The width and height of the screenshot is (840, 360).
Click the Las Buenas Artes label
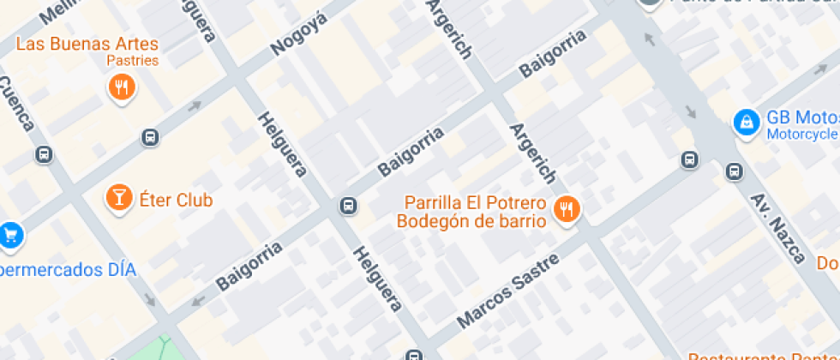click(x=87, y=44)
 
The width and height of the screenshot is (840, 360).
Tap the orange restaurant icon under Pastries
click(x=122, y=87)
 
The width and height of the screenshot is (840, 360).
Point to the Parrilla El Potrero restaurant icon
click(x=566, y=209)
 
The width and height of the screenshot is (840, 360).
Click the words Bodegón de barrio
click(x=471, y=221)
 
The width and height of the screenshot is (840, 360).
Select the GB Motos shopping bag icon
click(x=747, y=122)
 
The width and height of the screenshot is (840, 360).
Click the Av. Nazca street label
click(x=778, y=228)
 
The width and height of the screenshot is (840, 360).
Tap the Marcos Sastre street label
click(x=507, y=291)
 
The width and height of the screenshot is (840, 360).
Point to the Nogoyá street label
click(x=299, y=34)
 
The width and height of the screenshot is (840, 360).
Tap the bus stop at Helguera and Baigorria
click(x=349, y=206)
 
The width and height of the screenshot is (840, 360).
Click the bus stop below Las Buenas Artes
click(x=150, y=137)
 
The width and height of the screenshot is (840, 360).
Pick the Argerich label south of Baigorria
click(x=532, y=153)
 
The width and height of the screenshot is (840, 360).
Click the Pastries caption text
click(x=133, y=61)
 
